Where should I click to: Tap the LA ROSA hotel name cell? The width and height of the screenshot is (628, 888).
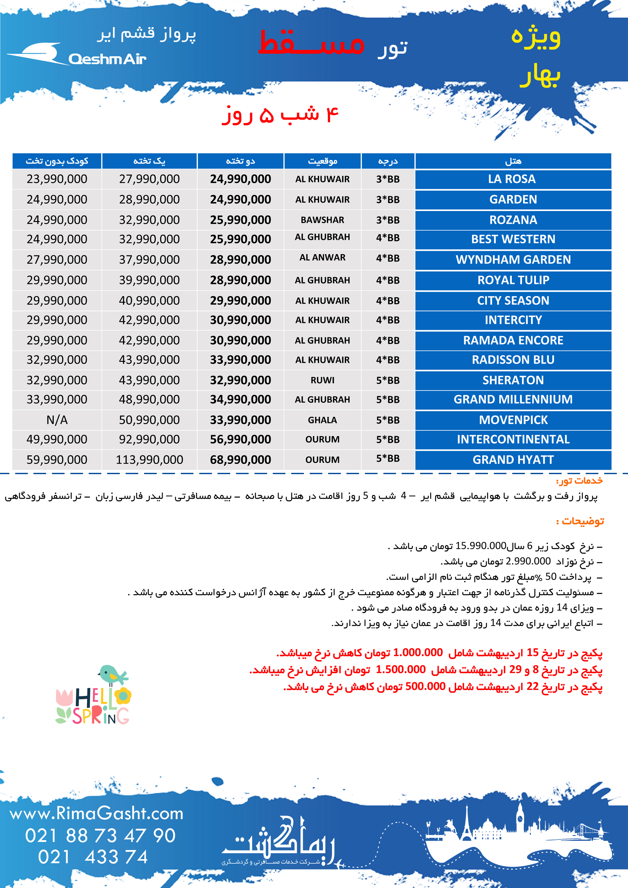[x=513, y=179]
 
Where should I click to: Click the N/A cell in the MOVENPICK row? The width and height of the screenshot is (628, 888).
[x=57, y=420]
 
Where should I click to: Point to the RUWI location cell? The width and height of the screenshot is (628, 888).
[x=322, y=380]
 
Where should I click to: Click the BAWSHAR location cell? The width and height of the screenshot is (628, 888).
[x=322, y=220]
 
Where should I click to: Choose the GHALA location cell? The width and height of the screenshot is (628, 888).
[x=322, y=420]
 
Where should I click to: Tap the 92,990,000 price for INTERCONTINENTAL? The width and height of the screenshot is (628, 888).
[x=149, y=439]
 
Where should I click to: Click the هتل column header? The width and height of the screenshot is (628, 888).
[x=513, y=161]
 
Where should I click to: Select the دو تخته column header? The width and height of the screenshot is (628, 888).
[x=240, y=161]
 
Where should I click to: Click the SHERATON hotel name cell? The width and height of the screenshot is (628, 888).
[x=513, y=380]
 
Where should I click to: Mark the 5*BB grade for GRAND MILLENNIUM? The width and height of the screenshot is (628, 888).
[x=388, y=399]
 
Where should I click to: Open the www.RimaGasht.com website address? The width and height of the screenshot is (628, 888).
[x=96, y=813]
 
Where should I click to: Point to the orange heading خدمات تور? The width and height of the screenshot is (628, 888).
[x=579, y=481]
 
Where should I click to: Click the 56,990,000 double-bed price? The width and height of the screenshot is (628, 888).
[x=240, y=439]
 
